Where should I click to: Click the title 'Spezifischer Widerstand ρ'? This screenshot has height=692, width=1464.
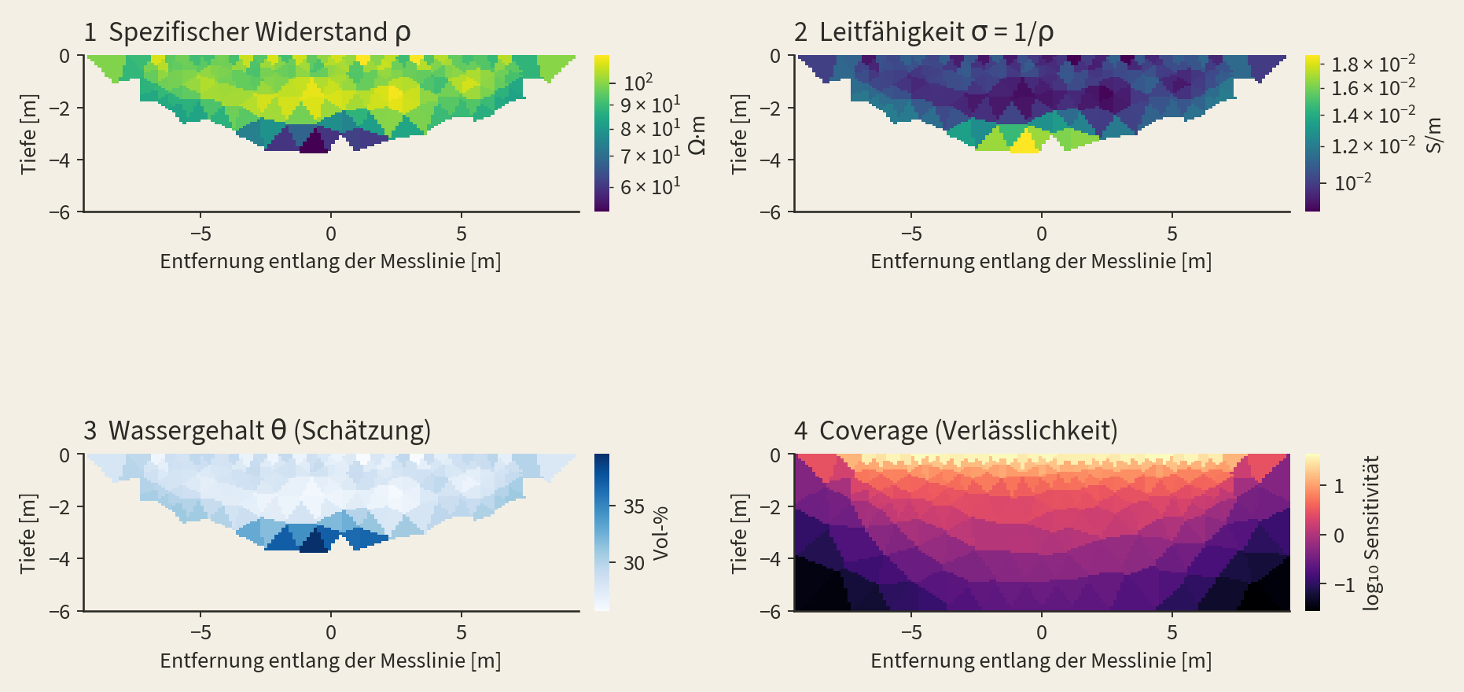click(259, 32)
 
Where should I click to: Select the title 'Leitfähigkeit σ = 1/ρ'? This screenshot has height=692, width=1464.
click(936, 32)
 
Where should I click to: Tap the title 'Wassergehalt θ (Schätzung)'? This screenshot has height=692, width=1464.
click(270, 431)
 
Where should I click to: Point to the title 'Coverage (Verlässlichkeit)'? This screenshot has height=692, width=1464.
click(969, 431)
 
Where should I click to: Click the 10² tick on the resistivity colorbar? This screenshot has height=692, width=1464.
click(638, 83)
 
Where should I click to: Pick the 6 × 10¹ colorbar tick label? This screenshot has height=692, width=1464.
click(650, 187)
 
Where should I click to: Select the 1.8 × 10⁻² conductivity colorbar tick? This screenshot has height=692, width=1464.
click(1374, 64)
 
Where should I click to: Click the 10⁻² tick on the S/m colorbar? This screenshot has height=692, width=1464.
click(1352, 182)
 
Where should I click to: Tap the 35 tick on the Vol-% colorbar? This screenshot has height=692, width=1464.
click(634, 506)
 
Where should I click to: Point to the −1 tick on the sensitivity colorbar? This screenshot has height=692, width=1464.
click(1344, 585)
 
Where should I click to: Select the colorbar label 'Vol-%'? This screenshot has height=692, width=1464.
click(660, 533)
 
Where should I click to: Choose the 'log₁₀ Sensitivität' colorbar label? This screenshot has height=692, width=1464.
click(1372, 533)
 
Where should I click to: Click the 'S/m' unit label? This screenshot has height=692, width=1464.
click(1434, 134)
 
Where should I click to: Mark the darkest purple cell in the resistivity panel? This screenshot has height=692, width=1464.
click(315, 142)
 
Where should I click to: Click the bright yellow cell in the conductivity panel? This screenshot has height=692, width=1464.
click(1024, 142)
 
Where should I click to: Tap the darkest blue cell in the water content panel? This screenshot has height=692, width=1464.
click(315, 541)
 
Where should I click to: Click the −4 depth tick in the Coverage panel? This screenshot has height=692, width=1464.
click(771, 559)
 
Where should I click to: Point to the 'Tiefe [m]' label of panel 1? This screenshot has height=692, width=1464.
click(29, 134)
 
